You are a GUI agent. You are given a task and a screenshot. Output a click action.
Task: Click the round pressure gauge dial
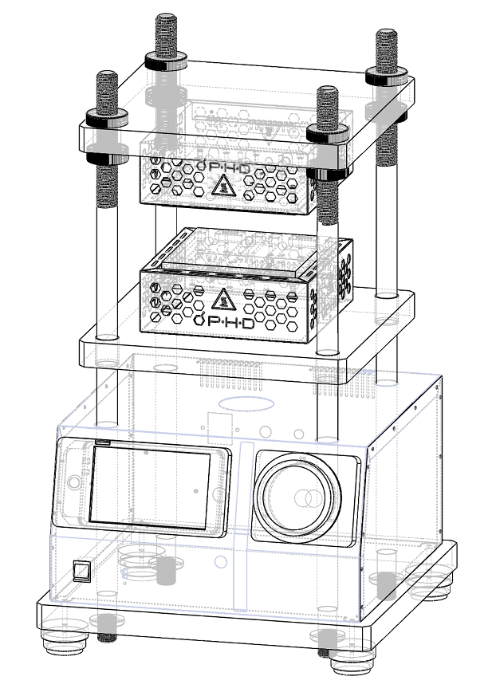[297, 497]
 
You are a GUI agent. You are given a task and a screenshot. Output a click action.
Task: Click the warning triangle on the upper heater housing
[224, 185]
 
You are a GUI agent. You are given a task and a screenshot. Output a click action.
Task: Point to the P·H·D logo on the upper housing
[223, 167]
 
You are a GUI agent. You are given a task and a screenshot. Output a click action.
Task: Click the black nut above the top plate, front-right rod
[328, 133]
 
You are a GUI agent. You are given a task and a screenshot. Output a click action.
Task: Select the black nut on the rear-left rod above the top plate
[167, 61]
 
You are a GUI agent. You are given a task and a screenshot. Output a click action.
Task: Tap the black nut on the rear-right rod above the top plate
[387, 77]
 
